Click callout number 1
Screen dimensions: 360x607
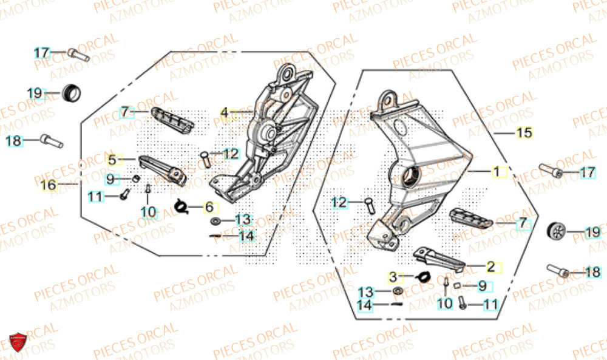[497, 172]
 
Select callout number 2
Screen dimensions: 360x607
[490, 266]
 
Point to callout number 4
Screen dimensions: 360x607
[225, 112]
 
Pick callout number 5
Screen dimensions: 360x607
[112, 160]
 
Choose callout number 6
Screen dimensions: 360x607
[209, 207]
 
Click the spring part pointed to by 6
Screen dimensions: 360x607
[180, 206]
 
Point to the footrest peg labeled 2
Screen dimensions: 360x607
[439, 258]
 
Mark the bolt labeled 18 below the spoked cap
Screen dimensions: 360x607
[558, 271]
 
